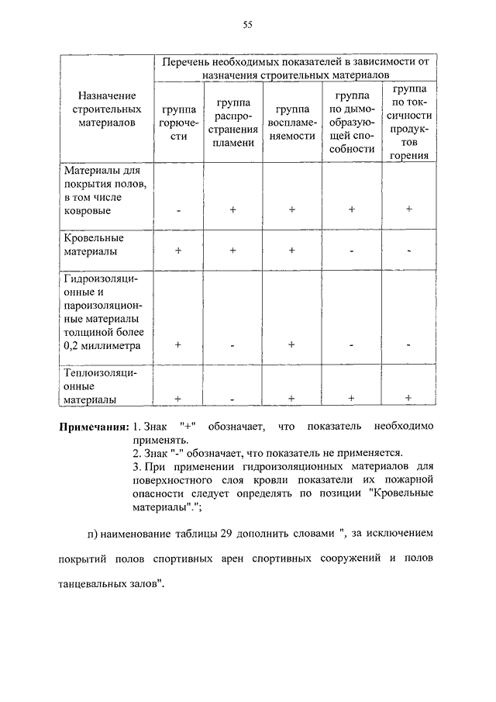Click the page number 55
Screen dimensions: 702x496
coord(248,25)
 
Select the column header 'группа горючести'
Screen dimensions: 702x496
coord(178,123)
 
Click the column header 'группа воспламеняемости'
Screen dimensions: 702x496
coord(291,123)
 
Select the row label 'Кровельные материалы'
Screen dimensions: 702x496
coord(94,245)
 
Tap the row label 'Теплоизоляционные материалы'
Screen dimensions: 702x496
coord(101,386)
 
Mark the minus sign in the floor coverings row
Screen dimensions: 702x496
coord(178,210)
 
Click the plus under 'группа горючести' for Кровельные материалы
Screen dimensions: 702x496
coord(178,251)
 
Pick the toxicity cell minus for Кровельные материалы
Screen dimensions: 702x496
coord(408,251)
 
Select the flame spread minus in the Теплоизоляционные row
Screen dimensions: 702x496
coord(232,399)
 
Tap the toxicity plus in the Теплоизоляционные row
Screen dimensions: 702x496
coord(408,398)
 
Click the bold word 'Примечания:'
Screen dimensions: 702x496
coord(94,427)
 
